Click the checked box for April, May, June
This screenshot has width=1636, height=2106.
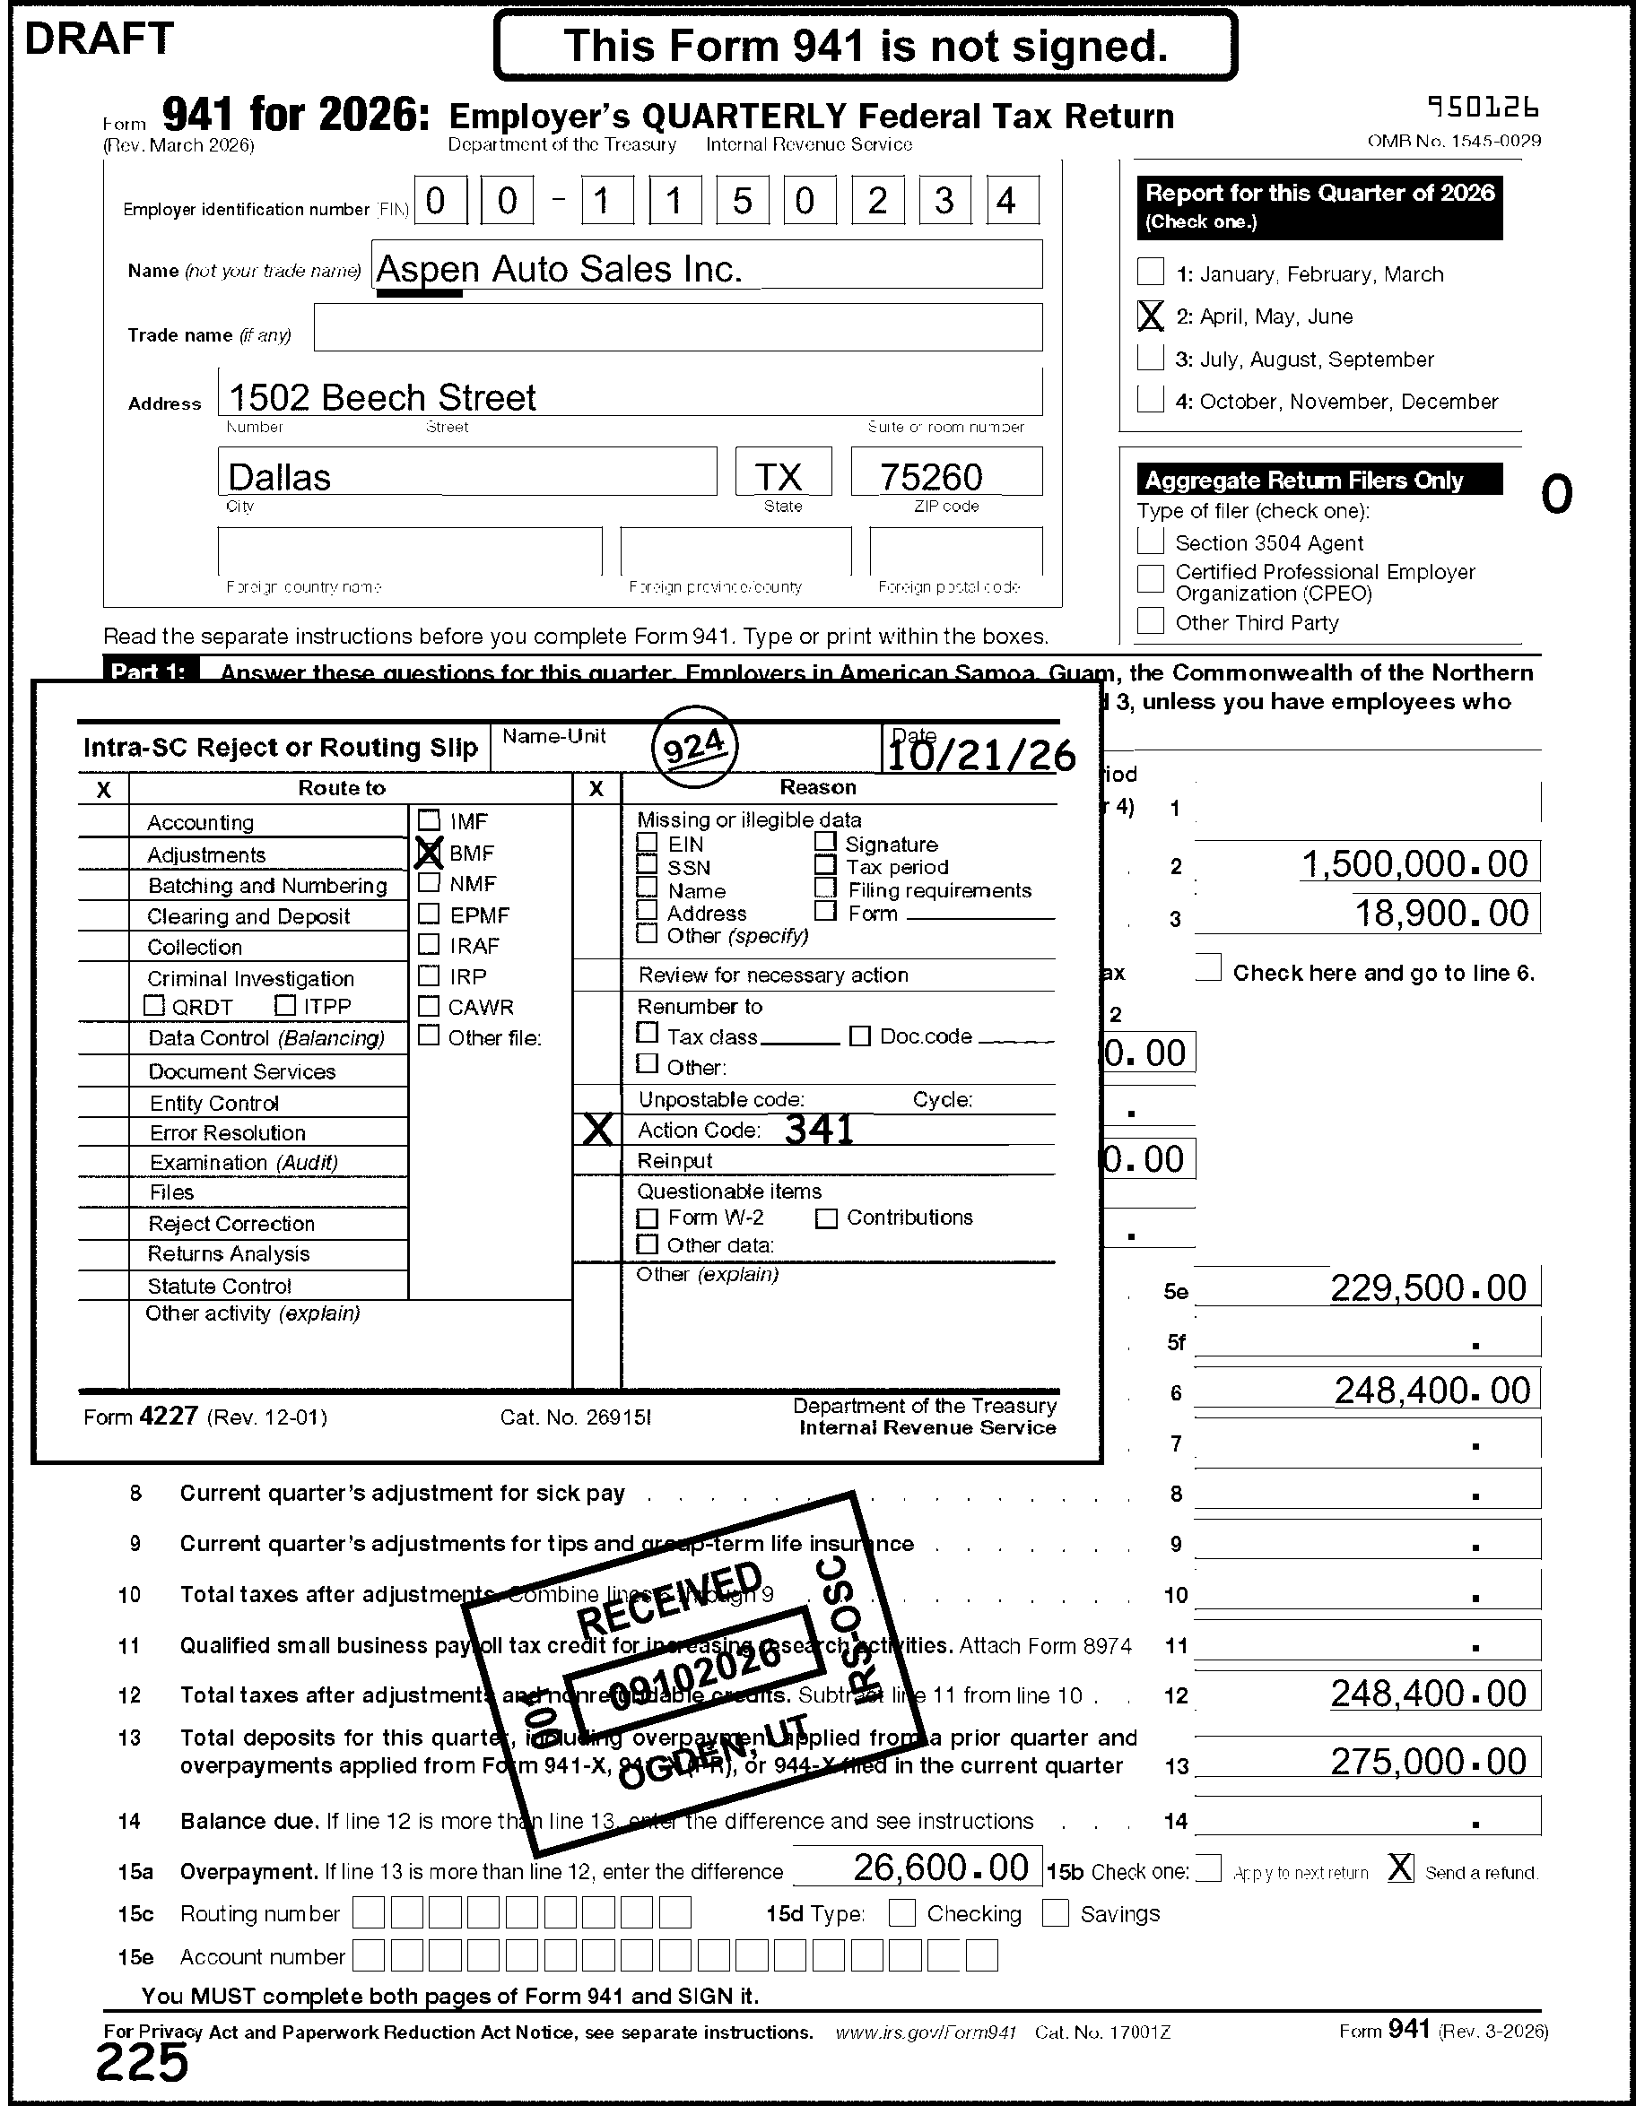(x=1150, y=316)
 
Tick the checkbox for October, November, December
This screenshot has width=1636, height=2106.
(x=1150, y=399)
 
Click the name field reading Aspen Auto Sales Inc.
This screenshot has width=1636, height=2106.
(x=560, y=269)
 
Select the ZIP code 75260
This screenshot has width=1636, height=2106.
(x=931, y=477)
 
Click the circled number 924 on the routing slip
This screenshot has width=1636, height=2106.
(x=694, y=748)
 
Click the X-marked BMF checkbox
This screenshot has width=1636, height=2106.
(x=429, y=853)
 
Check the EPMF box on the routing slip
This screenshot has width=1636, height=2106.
(x=430, y=914)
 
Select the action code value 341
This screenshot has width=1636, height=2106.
(x=819, y=1129)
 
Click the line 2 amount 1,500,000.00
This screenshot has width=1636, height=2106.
(x=1415, y=864)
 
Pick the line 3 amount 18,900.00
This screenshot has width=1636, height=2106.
(x=1442, y=914)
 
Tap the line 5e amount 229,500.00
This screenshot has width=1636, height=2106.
(x=1429, y=1288)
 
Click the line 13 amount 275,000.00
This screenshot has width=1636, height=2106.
(x=1429, y=1762)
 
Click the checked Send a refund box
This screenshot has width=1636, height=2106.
(x=1401, y=1868)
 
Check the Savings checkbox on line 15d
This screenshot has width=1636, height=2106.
(x=1056, y=1913)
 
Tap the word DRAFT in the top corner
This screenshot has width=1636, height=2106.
(x=99, y=39)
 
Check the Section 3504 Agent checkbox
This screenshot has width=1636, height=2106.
(x=1150, y=542)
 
